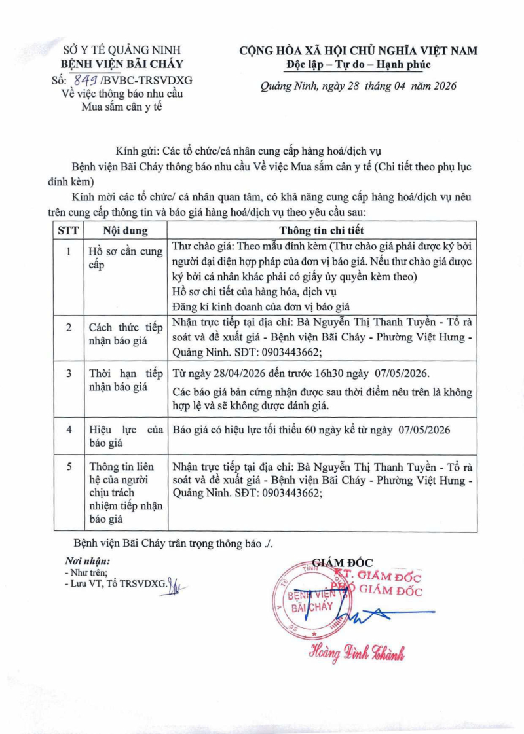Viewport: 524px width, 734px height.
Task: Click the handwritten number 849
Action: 84,80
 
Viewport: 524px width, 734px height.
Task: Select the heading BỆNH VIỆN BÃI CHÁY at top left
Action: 122,64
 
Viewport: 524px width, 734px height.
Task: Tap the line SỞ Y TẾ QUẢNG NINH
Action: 122,50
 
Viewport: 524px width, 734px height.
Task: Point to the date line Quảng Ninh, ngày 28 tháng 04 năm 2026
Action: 358,86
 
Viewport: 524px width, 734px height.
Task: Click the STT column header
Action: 67,230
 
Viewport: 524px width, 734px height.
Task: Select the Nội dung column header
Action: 125,230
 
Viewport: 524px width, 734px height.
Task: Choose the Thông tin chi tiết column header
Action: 322,230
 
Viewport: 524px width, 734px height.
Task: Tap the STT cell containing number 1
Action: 67,251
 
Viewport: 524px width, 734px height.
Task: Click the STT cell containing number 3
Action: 67,373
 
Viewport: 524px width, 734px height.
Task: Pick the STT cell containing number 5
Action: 67,467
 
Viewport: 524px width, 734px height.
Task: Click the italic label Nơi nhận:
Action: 88,561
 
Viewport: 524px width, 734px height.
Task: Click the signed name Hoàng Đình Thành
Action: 358,652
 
